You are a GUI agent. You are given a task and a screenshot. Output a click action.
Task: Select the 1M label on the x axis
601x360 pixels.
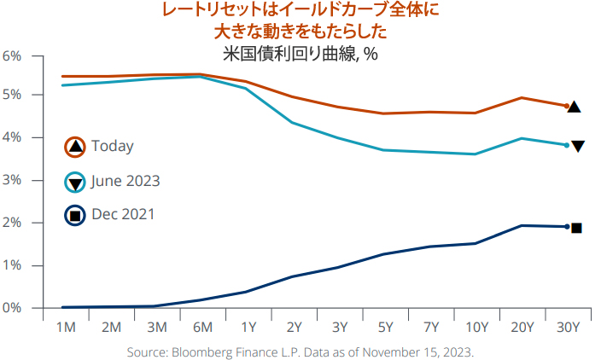click(66, 328)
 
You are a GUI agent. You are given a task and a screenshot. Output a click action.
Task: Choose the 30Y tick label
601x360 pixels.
click(568, 328)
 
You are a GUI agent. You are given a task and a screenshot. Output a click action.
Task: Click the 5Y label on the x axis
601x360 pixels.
click(384, 328)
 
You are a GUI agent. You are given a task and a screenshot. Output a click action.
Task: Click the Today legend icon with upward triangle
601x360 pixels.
click(75, 147)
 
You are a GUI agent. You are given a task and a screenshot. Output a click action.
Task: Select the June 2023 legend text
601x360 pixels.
click(125, 181)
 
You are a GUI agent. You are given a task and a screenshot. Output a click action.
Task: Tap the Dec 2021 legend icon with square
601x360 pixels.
click(75, 215)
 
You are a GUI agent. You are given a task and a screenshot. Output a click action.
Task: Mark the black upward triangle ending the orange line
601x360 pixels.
click(575, 107)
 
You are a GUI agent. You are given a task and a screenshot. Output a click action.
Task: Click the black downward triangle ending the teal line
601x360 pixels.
click(578, 147)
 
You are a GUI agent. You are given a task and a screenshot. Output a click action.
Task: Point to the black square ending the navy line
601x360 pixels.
click(576, 228)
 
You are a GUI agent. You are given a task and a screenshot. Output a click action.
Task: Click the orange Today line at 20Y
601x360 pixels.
click(522, 98)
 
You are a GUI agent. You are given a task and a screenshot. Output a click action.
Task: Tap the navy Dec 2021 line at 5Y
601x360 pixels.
click(384, 254)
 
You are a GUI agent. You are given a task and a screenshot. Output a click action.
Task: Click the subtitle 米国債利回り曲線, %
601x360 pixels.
click(300, 53)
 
